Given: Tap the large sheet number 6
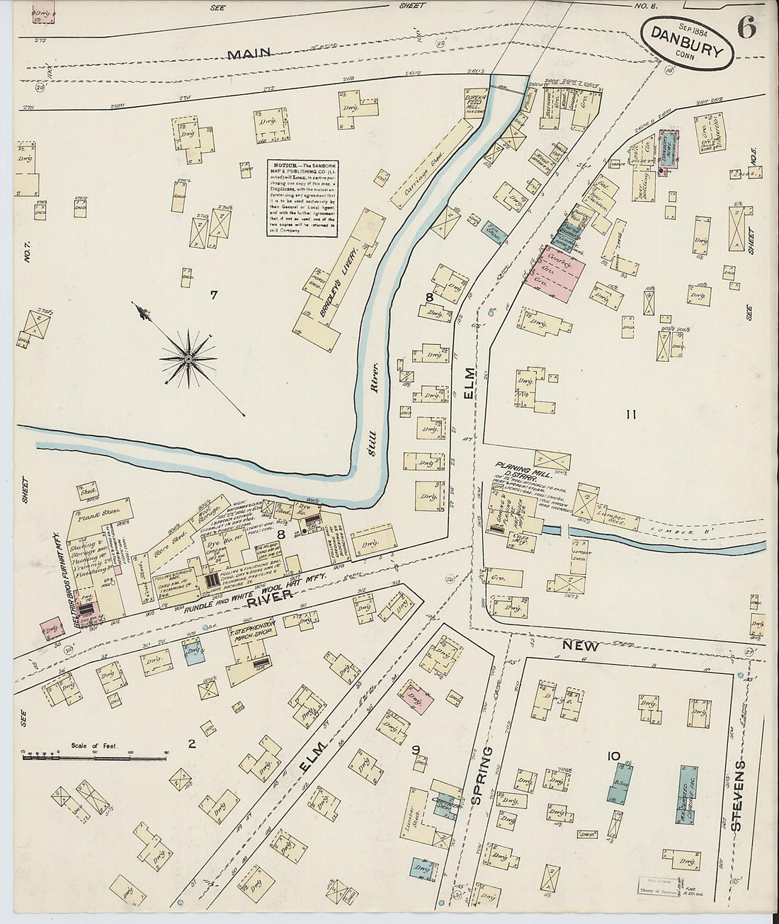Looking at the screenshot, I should click(747, 28).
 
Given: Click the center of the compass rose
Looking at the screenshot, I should click(188, 359).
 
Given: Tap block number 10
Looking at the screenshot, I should click(613, 756).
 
